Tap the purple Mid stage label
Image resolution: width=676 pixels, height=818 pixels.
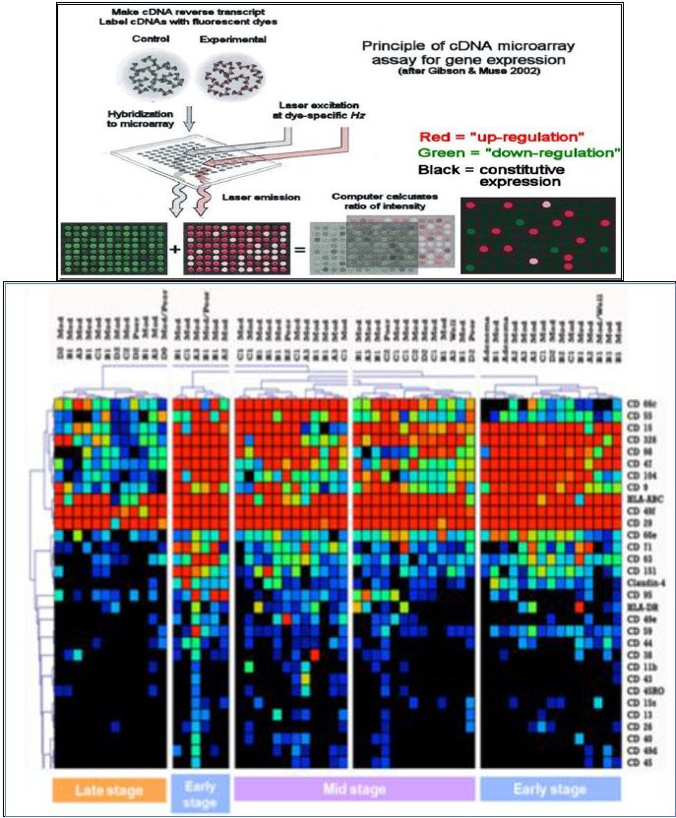pos(354,789)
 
